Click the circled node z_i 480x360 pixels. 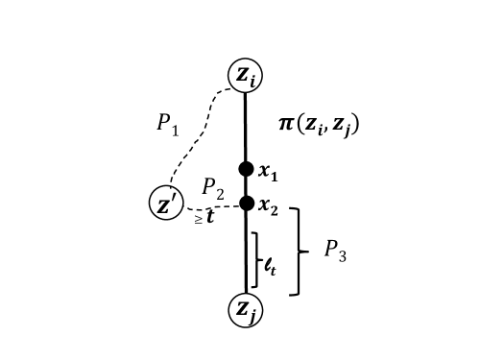[245, 74]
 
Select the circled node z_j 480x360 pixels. [245, 309]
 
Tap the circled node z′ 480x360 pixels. [166, 204]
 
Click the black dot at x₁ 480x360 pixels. [246, 169]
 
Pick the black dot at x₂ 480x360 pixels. [246, 203]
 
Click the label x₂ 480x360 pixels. [268, 208]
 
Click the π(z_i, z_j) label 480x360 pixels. [318, 124]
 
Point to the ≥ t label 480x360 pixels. [204, 218]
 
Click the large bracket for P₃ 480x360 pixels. [299, 252]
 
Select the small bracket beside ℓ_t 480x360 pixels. [255, 259]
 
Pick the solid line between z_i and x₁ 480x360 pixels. [246, 125]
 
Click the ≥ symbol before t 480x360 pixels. [198, 220]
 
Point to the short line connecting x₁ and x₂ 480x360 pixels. [246, 186]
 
